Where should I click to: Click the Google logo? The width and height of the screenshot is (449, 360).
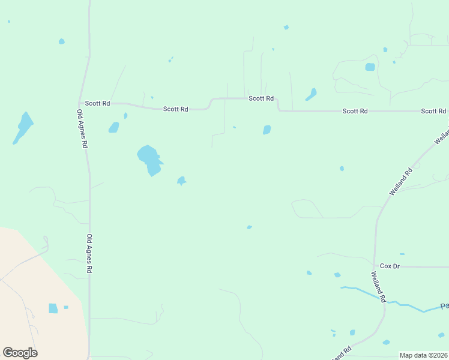[x=20, y=353]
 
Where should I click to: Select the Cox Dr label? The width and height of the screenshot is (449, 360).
[x=390, y=266]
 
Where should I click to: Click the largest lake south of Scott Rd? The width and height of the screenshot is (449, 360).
[x=150, y=159]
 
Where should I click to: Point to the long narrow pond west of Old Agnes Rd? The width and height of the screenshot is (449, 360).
[x=23, y=127]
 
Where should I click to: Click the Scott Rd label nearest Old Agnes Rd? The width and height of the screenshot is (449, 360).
[x=97, y=104]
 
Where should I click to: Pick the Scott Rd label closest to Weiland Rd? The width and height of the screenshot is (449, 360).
[x=433, y=111]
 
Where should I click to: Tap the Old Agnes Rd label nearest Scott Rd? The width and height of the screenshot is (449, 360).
[x=82, y=129]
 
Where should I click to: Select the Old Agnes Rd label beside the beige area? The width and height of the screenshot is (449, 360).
[x=89, y=254]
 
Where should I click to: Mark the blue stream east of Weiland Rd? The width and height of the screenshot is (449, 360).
[x=408, y=307]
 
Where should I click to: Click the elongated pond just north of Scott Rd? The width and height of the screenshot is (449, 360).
[x=311, y=94]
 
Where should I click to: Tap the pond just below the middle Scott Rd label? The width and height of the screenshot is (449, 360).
[x=267, y=130]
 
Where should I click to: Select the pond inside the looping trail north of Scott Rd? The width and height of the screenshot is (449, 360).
[x=370, y=67]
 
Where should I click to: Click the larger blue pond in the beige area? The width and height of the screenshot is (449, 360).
[x=53, y=308]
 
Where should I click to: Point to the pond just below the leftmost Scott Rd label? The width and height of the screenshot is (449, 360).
[x=113, y=127]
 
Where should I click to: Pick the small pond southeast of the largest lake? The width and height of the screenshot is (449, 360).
[x=181, y=181]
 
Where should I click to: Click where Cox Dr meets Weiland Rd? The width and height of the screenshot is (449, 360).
[x=375, y=266]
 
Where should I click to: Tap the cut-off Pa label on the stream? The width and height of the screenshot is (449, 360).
[x=444, y=306]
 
